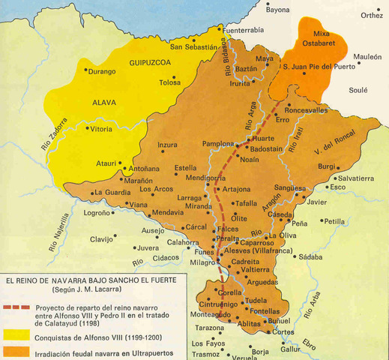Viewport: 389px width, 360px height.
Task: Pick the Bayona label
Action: tap(277, 10)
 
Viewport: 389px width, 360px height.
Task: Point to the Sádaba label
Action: tap(310, 256)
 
